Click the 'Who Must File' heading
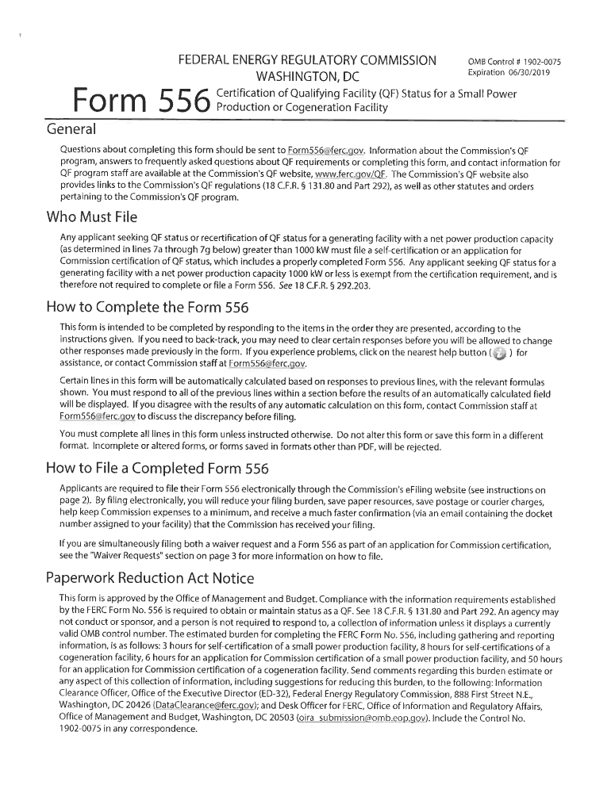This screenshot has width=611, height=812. point(92,216)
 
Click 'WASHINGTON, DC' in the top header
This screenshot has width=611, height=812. point(306,77)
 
